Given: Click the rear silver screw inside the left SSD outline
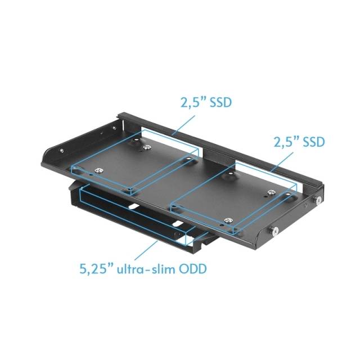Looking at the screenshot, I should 147,147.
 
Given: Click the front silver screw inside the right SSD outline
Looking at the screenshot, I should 227,220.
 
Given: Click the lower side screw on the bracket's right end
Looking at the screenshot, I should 276,229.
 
